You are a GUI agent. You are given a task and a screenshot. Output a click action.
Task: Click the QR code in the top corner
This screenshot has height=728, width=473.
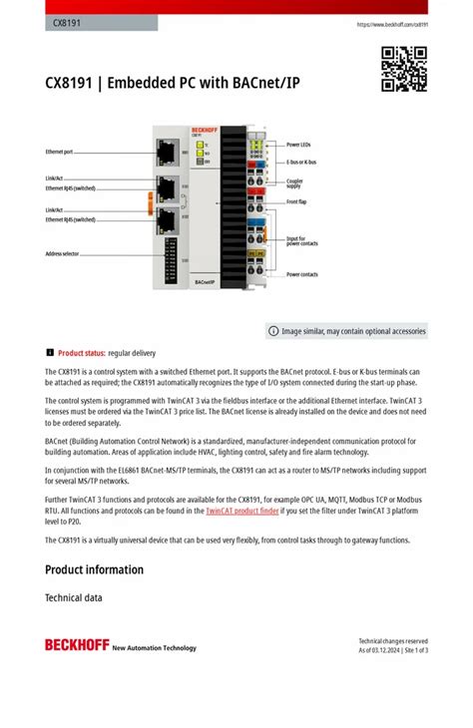(x=404, y=69)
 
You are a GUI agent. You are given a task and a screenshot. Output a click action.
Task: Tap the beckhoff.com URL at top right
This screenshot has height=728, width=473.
(x=392, y=24)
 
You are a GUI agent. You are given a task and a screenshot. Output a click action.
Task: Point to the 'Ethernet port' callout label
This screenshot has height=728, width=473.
(x=60, y=152)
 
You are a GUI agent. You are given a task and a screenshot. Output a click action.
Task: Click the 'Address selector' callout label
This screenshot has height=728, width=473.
(x=62, y=253)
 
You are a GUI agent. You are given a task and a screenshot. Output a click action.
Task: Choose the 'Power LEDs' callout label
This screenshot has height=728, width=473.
(x=298, y=145)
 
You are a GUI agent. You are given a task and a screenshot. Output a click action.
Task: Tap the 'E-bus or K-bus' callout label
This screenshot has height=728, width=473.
(x=302, y=162)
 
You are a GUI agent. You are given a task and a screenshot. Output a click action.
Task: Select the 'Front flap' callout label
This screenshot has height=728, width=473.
(x=297, y=201)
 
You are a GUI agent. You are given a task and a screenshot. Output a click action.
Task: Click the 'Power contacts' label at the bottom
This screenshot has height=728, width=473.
(x=302, y=274)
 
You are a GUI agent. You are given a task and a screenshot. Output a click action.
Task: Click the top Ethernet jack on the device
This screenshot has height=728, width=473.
(x=167, y=153)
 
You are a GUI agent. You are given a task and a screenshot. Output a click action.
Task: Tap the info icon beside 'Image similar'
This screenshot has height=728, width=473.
(x=273, y=331)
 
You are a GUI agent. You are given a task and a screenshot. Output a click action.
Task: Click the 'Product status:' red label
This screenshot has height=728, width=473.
(x=82, y=353)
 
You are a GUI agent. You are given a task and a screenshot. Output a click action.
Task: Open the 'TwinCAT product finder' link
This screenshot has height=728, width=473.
(x=242, y=510)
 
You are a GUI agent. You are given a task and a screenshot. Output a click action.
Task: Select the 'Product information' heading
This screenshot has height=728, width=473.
(x=94, y=569)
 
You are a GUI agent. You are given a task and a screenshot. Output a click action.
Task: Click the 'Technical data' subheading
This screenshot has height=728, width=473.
(x=74, y=598)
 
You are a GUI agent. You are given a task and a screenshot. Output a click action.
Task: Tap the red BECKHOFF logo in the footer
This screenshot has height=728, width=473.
(x=76, y=645)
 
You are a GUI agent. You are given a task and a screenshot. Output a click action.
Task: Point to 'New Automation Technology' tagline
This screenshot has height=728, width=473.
(x=155, y=648)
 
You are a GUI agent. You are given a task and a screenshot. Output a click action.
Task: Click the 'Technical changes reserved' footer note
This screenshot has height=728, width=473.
(x=393, y=641)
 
